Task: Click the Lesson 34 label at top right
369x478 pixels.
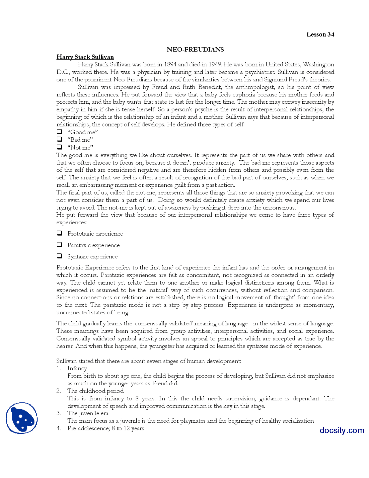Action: click(320, 35)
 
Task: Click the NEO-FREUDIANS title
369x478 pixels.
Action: click(195, 49)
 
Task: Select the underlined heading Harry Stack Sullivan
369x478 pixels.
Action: click(85, 57)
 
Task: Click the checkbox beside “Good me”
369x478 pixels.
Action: click(59, 132)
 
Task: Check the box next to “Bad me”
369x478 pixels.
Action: click(59, 139)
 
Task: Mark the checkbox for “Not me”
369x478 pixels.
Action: click(59, 147)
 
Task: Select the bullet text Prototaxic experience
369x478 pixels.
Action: click(95, 234)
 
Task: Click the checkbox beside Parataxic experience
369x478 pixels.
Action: click(59, 244)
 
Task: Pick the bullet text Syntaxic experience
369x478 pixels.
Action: click(92, 256)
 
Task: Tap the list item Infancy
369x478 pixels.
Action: click(77, 368)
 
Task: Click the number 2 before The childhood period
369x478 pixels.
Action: click(59, 391)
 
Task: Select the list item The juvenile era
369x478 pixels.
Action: click(88, 413)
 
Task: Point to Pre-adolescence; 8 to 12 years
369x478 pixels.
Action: click(106, 428)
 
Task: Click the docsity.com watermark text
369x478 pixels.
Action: click(342, 430)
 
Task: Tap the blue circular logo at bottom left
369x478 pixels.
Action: click(22, 418)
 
